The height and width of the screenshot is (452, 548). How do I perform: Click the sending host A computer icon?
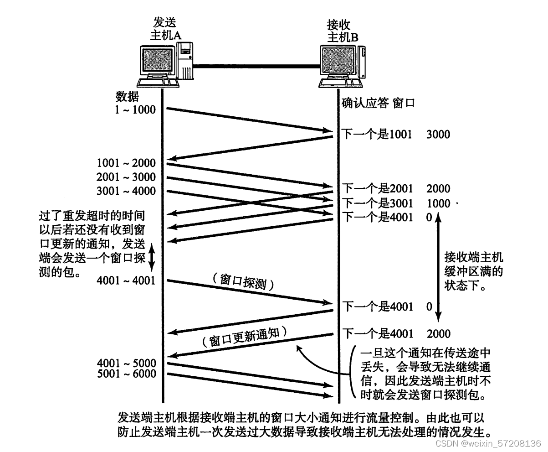coord(164,64)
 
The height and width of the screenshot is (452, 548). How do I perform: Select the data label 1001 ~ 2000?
coord(126,163)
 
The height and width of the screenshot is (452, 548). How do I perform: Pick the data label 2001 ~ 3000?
coord(126,177)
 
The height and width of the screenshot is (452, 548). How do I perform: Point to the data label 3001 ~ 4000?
coord(126,191)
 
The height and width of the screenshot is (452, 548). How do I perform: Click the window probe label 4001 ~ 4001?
coord(126,281)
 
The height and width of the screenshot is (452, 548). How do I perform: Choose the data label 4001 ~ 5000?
coord(126,364)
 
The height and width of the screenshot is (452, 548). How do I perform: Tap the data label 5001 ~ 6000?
coord(126,374)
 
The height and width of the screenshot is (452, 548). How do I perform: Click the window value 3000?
coord(438,134)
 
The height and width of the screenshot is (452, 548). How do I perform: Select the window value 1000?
coord(438,203)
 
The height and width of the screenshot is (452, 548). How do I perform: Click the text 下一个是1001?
coord(377,134)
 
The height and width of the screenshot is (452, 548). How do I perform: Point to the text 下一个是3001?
coord(377,203)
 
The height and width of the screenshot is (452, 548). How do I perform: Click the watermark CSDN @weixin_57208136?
coord(488,443)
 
